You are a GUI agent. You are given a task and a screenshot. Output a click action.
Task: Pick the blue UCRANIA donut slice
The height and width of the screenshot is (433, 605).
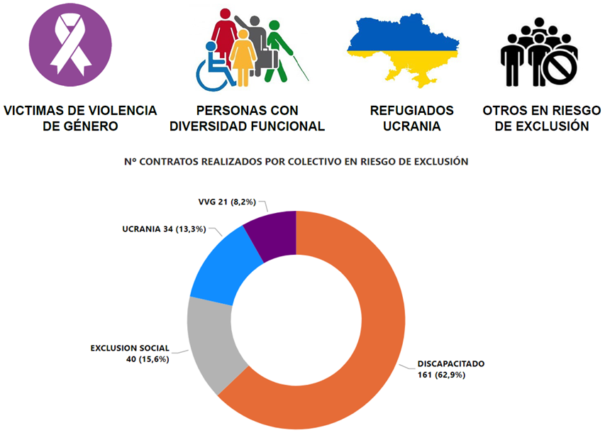pos(219,266)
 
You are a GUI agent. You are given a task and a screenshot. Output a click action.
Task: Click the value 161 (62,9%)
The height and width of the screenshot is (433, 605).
pos(441,375)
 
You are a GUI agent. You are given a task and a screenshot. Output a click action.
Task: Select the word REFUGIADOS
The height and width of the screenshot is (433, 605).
pos(411,111)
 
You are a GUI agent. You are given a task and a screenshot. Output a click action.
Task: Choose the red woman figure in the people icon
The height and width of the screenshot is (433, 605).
pos(225,35)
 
